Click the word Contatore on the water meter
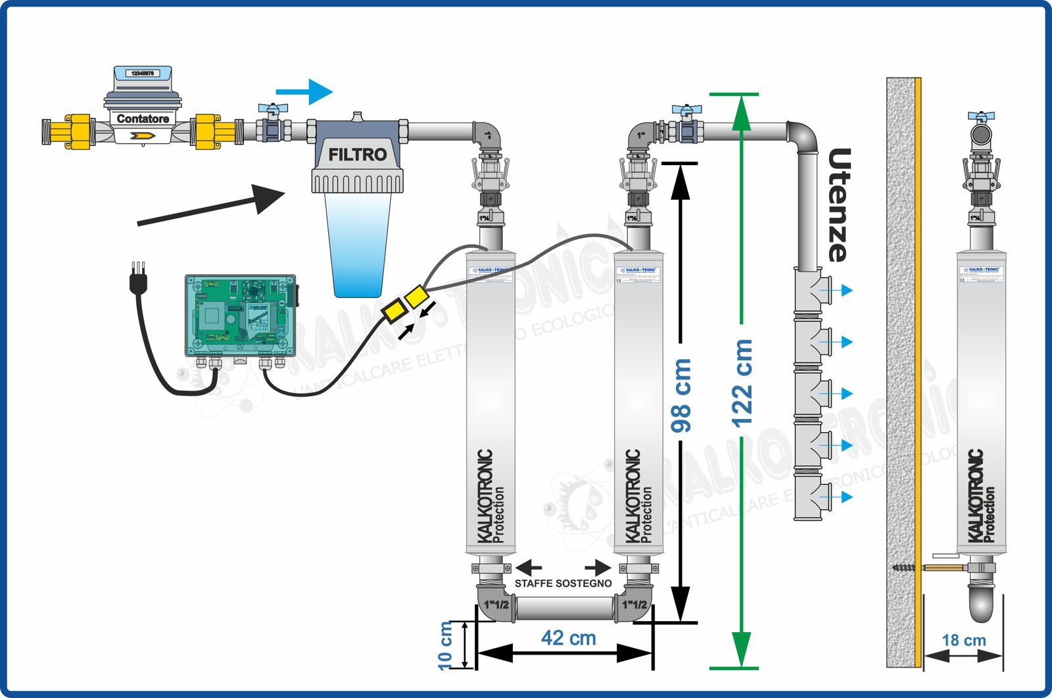coord(143,119)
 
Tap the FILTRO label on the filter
coord(357,155)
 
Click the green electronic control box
coord(240,316)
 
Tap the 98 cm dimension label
coord(681,395)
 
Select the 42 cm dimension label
coord(568,637)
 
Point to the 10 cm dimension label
coord(446,645)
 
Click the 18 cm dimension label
coord(963,640)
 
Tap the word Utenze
coord(838,205)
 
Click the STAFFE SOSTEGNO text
coord(563,584)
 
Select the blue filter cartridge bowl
coord(357,243)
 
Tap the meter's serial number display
coord(143,73)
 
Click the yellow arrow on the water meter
coord(143,136)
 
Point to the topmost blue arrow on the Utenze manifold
coord(842,290)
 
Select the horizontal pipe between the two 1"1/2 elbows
coord(565,608)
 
